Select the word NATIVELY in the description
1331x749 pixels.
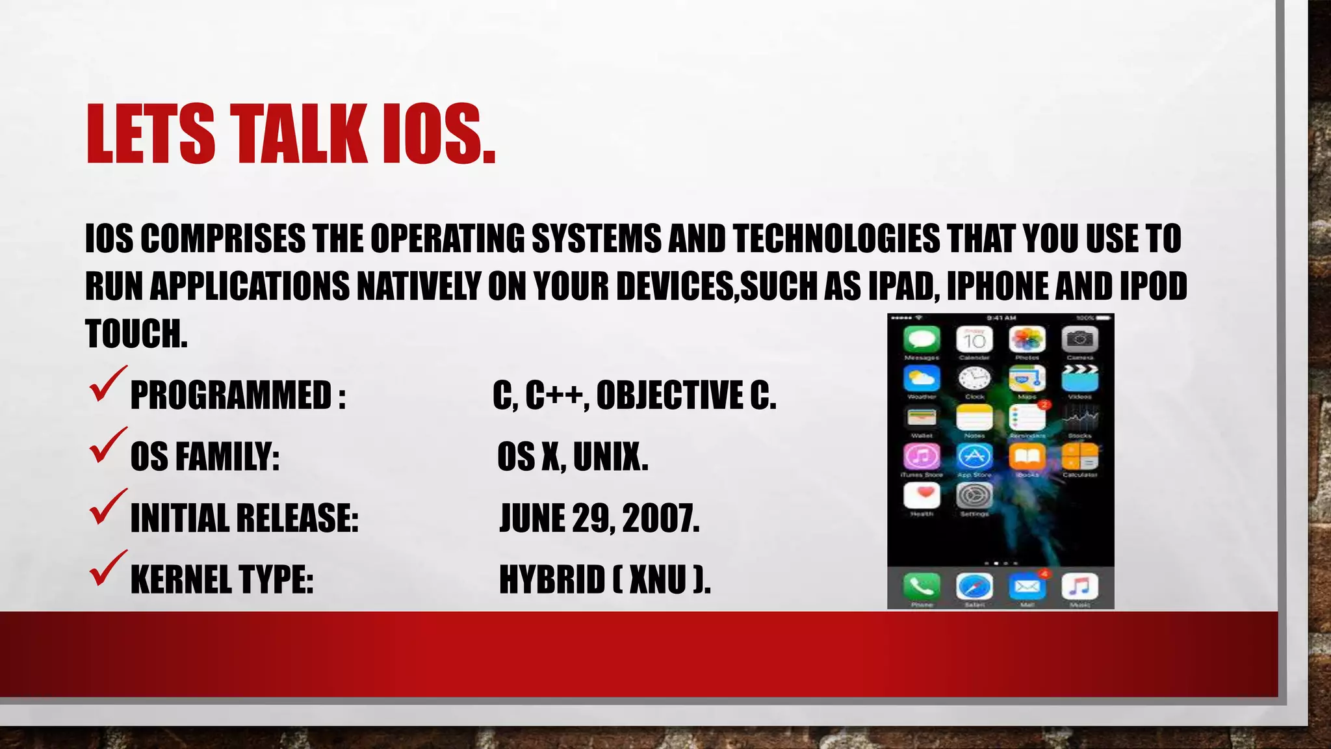pyautogui.click(x=419, y=286)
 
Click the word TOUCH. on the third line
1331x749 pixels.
pyautogui.click(x=136, y=334)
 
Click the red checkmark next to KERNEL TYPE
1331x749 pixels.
pyautogui.click(x=107, y=568)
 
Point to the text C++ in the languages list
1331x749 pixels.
pyautogui.click(x=557, y=395)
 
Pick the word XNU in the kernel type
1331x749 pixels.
pyautogui.click(x=658, y=579)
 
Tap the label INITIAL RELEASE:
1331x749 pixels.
pyautogui.click(x=244, y=518)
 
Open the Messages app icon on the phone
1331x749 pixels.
pyautogui.click(x=922, y=339)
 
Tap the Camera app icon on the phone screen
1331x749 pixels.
pyautogui.click(x=1079, y=339)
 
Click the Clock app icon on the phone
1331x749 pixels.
pyautogui.click(x=974, y=378)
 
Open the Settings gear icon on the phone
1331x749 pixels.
pyautogui.click(x=974, y=496)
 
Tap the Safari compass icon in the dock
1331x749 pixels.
pyautogui.click(x=974, y=586)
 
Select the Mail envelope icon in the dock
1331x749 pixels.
pyautogui.click(x=1027, y=586)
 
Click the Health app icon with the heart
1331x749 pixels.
pyautogui.click(x=922, y=496)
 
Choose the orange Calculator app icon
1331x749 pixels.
pyautogui.click(x=1079, y=456)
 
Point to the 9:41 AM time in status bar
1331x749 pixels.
pyautogui.click(x=1001, y=318)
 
